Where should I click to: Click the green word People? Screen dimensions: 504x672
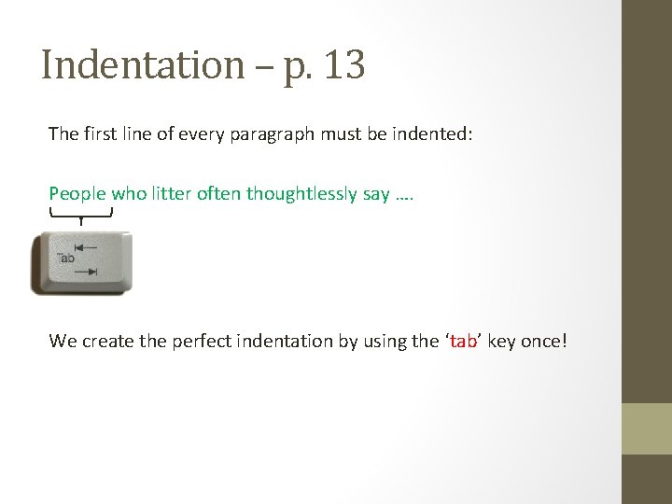pyautogui.click(x=77, y=194)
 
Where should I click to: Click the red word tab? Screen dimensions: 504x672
pyautogui.click(x=463, y=341)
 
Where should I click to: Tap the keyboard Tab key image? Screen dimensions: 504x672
pyautogui.click(x=81, y=263)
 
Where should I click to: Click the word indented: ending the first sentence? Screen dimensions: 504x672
pyautogui.click(x=436, y=133)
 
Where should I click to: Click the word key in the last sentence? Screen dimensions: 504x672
pyautogui.click(x=501, y=341)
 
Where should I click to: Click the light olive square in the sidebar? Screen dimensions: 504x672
pyautogui.click(x=647, y=428)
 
